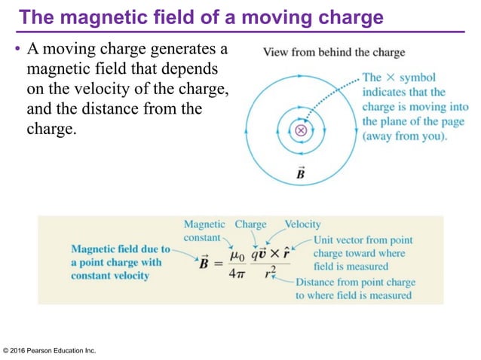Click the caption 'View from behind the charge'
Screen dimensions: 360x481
point(333,52)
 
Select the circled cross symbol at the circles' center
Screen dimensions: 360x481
point(301,130)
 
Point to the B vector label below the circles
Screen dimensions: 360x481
point(301,175)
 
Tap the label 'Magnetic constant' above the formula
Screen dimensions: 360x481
point(204,230)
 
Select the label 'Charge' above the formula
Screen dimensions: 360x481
point(250,224)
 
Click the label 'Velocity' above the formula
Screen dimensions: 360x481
point(302,224)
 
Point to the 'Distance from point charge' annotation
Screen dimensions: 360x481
point(355,282)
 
